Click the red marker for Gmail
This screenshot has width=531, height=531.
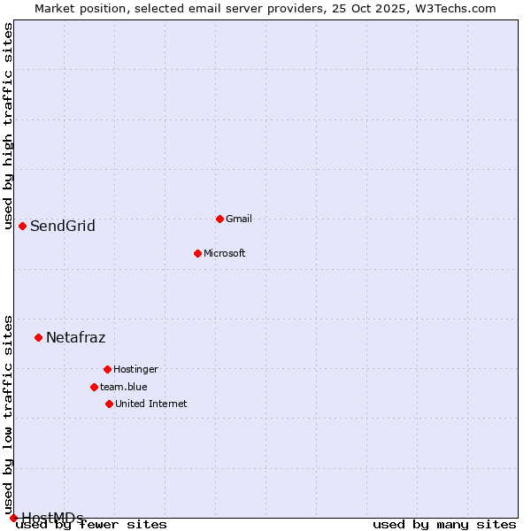tap(219, 219)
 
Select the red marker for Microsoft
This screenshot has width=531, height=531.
tap(197, 253)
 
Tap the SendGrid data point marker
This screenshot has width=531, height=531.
tap(22, 226)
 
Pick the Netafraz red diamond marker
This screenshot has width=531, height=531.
tap(38, 337)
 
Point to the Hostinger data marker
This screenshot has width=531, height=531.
tap(107, 369)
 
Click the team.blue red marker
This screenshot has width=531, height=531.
tap(94, 387)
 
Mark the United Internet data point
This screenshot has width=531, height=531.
tap(109, 404)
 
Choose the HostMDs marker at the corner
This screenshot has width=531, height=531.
tap(13, 518)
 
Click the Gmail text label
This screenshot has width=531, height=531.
tap(239, 219)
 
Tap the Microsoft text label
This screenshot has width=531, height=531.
tap(224, 253)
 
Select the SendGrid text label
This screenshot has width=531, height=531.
tap(63, 226)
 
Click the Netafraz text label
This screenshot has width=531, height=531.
tap(75, 337)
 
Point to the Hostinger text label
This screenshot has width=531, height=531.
tap(135, 369)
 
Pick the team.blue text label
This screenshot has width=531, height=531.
tap(124, 387)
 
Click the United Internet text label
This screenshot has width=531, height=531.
tap(150, 404)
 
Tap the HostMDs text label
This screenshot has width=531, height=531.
tap(52, 518)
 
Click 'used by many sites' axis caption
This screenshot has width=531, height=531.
tap(444, 525)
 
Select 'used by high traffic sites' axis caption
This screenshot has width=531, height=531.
tap(8, 126)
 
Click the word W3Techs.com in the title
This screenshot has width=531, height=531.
tap(458, 8)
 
